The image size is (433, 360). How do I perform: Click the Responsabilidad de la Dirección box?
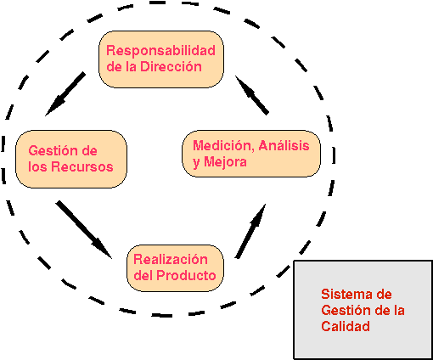(161, 59)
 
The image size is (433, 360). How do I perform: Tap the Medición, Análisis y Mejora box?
(251, 153)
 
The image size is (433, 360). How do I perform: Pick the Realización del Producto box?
(175, 267)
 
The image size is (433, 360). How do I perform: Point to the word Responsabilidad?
(160, 50)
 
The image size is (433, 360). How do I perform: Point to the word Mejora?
(226, 161)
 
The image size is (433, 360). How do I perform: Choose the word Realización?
(171, 259)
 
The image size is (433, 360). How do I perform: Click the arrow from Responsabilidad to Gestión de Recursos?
(65, 93)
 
